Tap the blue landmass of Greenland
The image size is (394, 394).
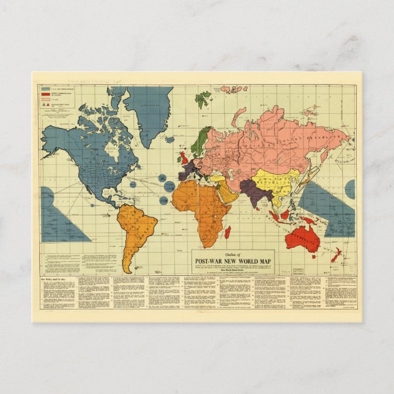tap(149, 113)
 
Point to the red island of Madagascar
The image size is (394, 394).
tap(228, 232)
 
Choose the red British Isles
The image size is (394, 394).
tap(184, 158)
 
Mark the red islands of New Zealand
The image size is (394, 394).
tap(336, 255)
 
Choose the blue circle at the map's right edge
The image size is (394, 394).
tap(350, 189)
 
